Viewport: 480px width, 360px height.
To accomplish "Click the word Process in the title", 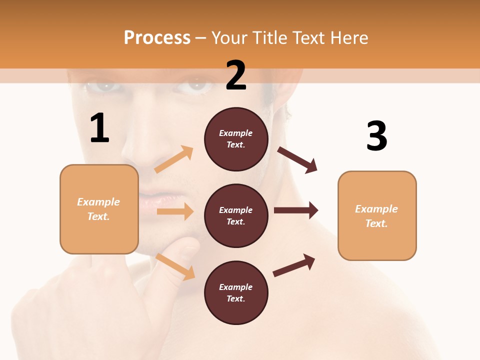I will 157,38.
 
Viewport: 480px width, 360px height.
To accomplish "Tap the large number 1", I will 99,128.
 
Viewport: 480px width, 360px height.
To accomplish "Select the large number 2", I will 236,75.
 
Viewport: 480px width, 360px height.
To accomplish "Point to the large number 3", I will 376,136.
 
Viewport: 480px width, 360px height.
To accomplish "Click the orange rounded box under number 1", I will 99,209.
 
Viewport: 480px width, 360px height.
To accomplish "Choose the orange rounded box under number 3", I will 377,215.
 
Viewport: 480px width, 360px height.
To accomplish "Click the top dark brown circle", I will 236,139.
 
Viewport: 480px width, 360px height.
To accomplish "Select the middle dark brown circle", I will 236,215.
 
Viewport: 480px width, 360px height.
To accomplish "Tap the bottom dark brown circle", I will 236,292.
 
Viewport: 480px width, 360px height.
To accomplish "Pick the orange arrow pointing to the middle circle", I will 175,211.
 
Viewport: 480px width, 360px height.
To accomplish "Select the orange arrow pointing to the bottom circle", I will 175,266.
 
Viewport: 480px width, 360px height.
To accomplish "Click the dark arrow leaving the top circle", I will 297,159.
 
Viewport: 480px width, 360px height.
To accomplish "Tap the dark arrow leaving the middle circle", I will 296,210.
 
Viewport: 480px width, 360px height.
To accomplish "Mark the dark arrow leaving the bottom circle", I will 294,265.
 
